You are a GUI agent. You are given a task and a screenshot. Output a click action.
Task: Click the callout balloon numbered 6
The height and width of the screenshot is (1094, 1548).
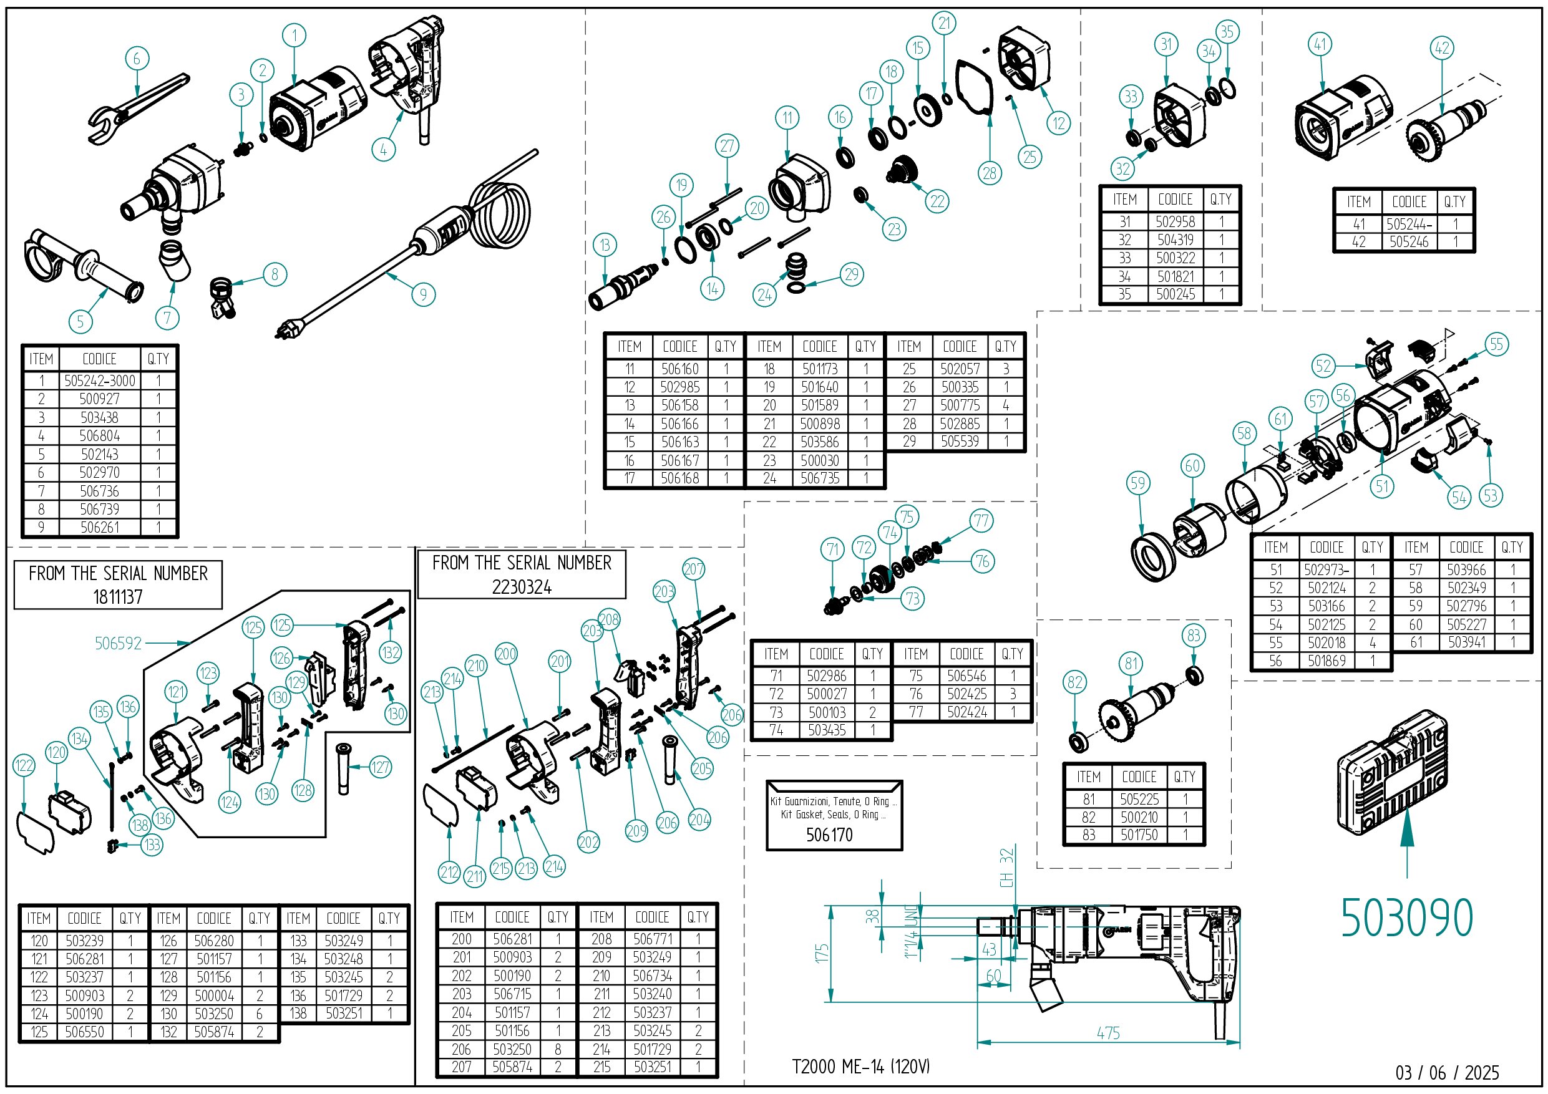click(x=137, y=59)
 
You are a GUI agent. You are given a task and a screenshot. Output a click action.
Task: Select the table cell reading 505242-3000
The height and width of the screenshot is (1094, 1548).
click(x=100, y=381)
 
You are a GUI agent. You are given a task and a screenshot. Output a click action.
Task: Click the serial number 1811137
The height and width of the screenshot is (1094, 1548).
click(x=118, y=596)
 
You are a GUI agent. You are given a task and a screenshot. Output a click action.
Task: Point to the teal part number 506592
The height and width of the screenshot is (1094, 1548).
click(x=118, y=643)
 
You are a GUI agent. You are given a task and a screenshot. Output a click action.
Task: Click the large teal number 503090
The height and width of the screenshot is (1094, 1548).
click(x=1406, y=918)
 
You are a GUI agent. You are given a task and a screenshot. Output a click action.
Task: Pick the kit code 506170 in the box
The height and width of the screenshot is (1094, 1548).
click(x=829, y=835)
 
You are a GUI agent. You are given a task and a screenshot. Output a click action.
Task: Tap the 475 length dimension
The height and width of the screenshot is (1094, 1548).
click(x=1107, y=1032)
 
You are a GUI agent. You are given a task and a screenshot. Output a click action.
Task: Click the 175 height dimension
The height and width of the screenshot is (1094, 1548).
click(x=821, y=953)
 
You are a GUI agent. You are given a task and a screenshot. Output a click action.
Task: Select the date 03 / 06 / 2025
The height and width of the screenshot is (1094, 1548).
click(x=1447, y=1072)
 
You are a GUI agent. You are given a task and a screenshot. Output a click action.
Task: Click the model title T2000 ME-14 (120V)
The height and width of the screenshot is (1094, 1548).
click(x=860, y=1067)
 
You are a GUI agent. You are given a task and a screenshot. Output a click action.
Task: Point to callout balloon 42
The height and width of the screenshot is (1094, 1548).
click(x=1441, y=48)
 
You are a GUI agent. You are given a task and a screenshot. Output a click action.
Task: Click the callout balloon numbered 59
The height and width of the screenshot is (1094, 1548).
click(x=1137, y=483)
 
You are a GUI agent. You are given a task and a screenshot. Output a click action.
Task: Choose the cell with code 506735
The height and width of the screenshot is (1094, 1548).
click(x=820, y=478)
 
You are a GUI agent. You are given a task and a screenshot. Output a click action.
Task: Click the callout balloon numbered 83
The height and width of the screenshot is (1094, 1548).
click(x=1194, y=635)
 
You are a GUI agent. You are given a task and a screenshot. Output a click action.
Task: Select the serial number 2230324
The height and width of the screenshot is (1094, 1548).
click(x=521, y=587)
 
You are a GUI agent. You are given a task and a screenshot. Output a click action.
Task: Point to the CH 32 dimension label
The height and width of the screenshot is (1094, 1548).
click(x=1006, y=868)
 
